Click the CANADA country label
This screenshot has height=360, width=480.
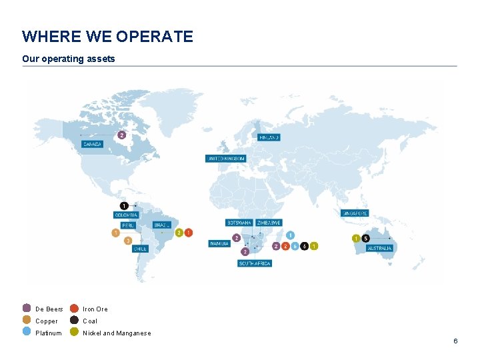coord(93,144)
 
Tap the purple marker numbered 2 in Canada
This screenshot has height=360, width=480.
coord(121,135)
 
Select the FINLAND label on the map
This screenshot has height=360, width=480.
coord(269,137)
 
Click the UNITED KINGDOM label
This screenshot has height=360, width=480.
coord(225,159)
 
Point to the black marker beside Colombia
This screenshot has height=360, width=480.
coord(125,205)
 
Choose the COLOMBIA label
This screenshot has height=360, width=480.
coord(126,215)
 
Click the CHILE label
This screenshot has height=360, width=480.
coord(140,249)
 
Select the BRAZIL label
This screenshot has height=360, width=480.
coord(163,225)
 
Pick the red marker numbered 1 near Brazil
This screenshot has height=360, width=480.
coord(189,233)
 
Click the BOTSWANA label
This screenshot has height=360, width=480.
coord(239,222)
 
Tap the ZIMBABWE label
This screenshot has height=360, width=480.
coord(269,222)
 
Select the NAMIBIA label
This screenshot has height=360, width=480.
coord(219,243)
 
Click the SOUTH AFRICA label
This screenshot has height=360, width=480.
coord(255,263)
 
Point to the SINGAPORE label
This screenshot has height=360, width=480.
coord(355,213)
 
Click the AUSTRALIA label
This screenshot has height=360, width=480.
coord(380,248)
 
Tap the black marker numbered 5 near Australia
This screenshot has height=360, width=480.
coord(365,238)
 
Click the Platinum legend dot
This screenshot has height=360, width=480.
coord(27,332)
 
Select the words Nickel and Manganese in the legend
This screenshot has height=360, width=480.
coord(117,333)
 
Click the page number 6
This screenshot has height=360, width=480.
coord(455,341)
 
